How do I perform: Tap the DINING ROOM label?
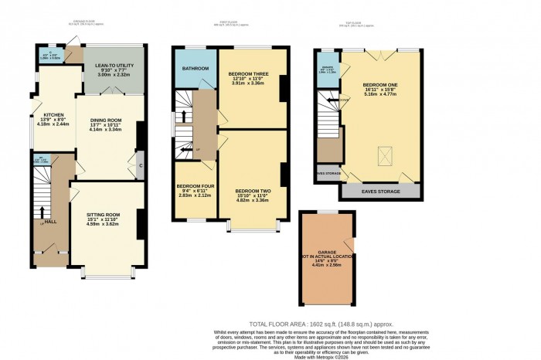106,120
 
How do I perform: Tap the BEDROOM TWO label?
253,190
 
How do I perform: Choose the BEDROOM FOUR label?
193,187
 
